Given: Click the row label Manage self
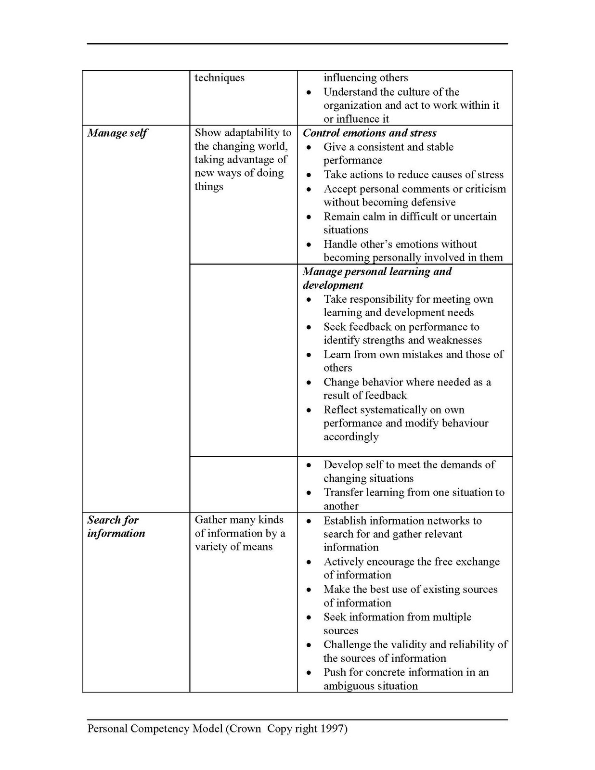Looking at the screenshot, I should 117,133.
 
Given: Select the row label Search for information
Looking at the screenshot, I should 116,527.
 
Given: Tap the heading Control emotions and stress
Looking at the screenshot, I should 369,133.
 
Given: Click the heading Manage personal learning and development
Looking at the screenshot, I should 377,278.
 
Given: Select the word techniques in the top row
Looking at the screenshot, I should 219,78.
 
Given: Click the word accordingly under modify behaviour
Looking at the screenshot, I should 351,437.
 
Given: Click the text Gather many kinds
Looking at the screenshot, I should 239,520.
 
